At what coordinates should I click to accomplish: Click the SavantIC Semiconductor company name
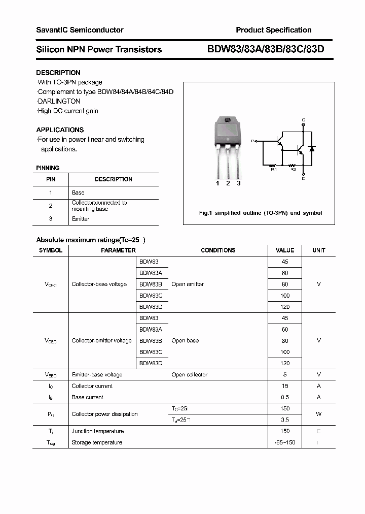pos(80,30)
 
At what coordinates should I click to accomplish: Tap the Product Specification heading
pos(273,30)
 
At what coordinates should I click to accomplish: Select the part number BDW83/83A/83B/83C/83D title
pos(265,49)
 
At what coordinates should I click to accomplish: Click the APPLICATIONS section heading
pos(60,130)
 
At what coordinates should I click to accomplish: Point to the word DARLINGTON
pos(59,101)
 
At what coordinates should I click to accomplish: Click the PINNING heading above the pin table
pos(48,168)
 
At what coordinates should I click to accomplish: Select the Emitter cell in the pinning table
pos(81,219)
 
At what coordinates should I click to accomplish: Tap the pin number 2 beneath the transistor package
pos(228,183)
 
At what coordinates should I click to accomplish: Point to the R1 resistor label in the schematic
pos(274,170)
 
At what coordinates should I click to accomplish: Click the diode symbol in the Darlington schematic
pos(312,148)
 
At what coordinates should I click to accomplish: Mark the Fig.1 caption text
pos(260,213)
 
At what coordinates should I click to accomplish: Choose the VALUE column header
pos(284,250)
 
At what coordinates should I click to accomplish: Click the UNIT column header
pos(318,250)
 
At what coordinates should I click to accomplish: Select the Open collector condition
pos(189,374)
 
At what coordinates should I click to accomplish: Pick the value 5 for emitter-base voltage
pos(285,374)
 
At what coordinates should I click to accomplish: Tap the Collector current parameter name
pos(92,386)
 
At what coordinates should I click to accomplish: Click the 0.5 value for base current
pos(285,397)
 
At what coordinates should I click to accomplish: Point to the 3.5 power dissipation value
pos(285,420)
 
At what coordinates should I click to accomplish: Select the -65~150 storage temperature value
pos(285,442)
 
